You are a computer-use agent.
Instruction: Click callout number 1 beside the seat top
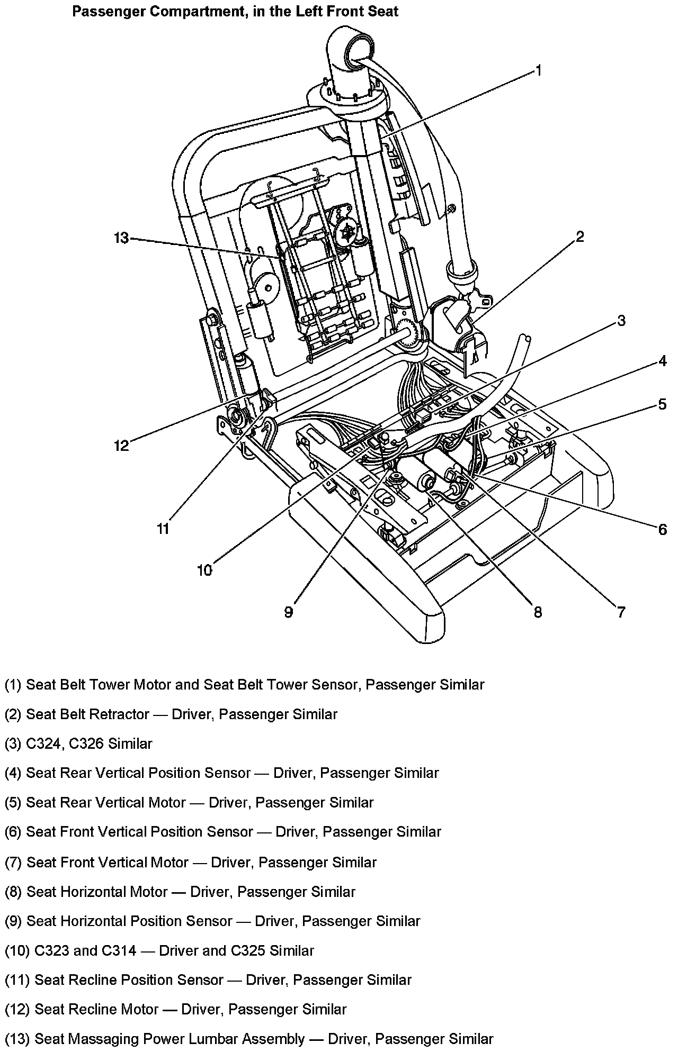[538, 70]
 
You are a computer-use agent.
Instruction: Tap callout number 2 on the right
[580, 237]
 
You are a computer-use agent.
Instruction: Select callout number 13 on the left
[121, 238]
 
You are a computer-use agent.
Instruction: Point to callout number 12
[121, 446]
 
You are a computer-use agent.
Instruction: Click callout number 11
[163, 528]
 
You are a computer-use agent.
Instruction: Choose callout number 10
[204, 570]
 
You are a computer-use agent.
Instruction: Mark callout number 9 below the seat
[288, 612]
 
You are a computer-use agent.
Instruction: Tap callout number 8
[538, 612]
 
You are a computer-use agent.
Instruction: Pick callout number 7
[621, 612]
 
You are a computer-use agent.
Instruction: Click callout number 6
[663, 529]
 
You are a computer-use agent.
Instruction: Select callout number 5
[663, 405]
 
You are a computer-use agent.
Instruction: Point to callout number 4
[663, 362]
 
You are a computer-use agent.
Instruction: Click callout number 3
[621, 320]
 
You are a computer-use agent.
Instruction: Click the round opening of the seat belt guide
[359, 51]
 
